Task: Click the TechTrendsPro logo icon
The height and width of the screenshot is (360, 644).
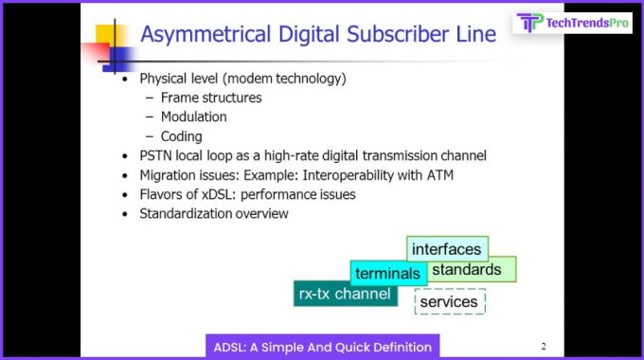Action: coord(530,23)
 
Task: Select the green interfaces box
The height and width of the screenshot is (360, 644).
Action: coord(447,249)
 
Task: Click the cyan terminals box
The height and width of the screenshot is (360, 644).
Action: coord(386,274)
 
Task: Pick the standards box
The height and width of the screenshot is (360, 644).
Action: coord(472,270)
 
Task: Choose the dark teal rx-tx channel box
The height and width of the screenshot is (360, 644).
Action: coord(344,294)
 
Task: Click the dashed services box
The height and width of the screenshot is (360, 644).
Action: coord(449,301)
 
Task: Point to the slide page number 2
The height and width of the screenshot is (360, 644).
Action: coord(543,346)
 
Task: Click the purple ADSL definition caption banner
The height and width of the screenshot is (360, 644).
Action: coord(321,346)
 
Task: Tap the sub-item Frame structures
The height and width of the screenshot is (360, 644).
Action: coord(211,98)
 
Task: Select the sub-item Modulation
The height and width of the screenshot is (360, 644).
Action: coord(193,117)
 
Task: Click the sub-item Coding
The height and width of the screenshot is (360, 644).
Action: coord(181,136)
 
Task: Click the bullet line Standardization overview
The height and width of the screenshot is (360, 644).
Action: coord(213,213)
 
